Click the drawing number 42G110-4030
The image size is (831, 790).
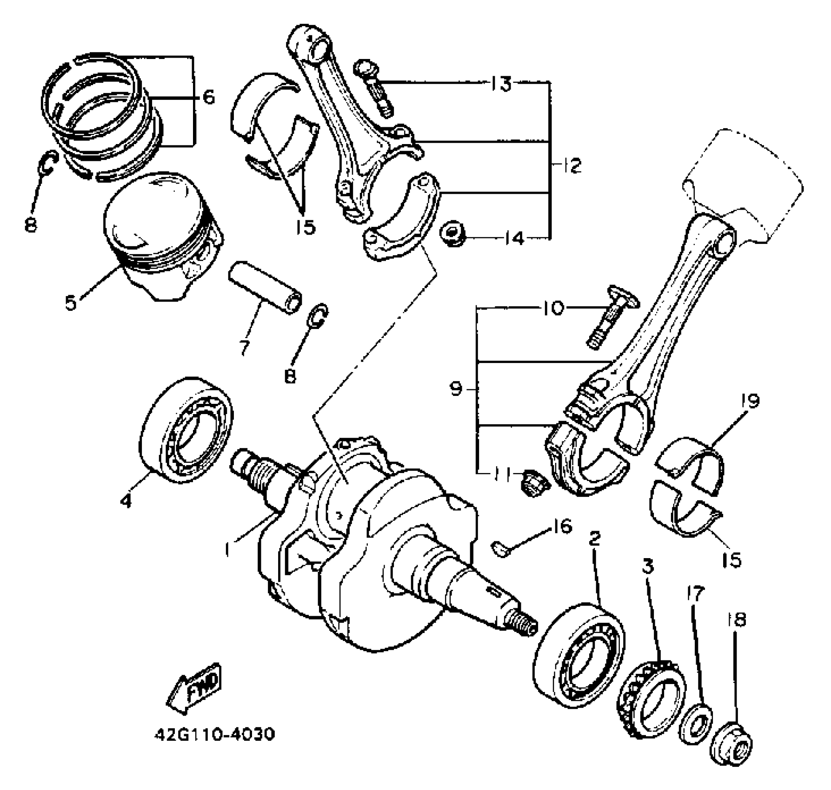click(x=214, y=734)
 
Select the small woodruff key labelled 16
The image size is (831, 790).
click(x=500, y=548)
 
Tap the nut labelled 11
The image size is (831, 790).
click(x=533, y=483)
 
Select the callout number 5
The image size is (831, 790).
click(x=71, y=290)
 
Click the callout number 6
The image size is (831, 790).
click(x=208, y=97)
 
